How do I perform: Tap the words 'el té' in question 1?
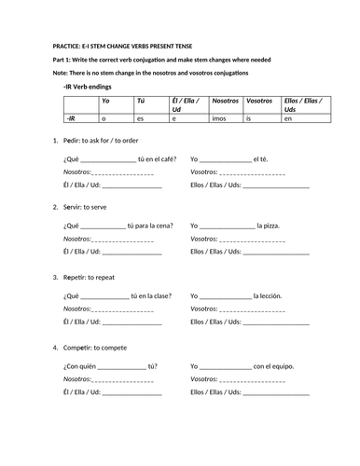[x=271, y=159]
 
